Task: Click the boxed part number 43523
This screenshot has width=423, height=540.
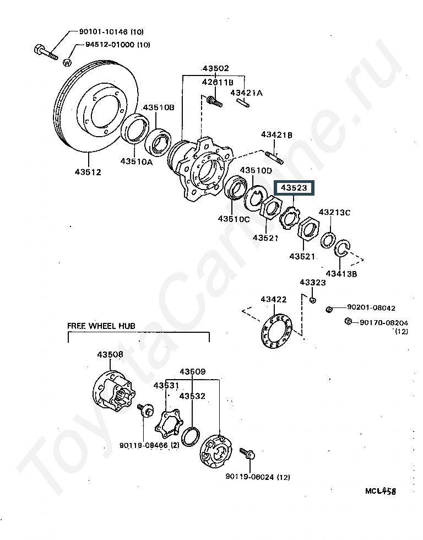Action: pos(294,188)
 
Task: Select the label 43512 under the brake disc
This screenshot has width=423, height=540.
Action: pos(88,172)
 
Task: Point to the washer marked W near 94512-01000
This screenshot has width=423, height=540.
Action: pos(67,62)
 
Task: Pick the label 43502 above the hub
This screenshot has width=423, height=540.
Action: pos(215,69)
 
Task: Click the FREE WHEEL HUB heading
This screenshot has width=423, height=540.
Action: pos(101,326)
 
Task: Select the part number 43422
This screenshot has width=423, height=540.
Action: pos(274,300)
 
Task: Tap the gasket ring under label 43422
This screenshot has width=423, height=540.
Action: pos(278,331)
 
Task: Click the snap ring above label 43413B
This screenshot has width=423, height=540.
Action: pos(343,249)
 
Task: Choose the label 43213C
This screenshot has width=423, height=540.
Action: pos(334,212)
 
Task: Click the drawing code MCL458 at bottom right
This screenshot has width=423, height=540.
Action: pos(381,490)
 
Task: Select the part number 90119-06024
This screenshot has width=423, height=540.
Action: pos(257,477)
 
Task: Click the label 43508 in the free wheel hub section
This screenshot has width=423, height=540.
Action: pos(111,354)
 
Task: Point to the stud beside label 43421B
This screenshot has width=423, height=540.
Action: pos(274,156)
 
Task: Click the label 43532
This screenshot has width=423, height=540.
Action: pos(192,396)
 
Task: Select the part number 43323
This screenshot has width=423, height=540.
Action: pos(312,283)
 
